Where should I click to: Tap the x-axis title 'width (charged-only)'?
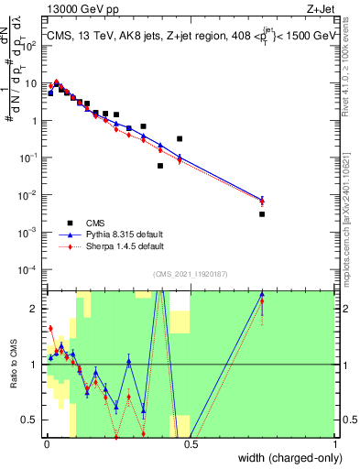(286, 458)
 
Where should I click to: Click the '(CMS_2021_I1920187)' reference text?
(191, 272)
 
